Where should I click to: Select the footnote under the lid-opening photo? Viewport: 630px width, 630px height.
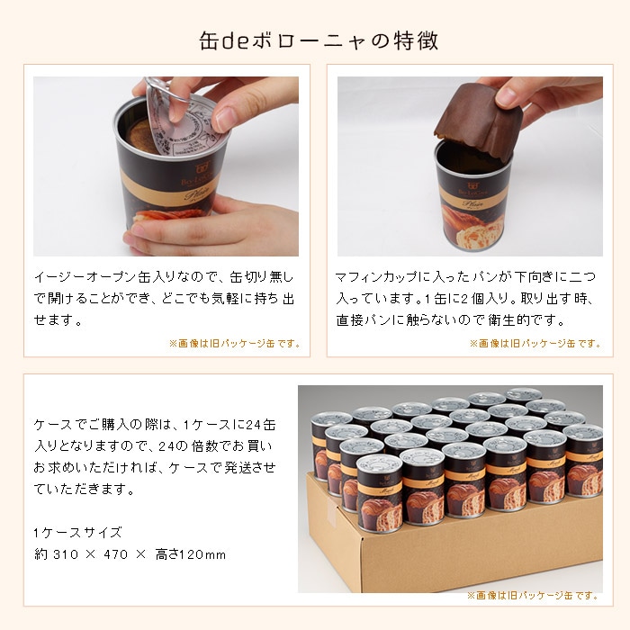(234, 343)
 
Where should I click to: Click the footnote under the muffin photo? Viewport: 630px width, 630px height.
(535, 343)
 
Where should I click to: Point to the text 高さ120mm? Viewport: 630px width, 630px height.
(194, 553)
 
